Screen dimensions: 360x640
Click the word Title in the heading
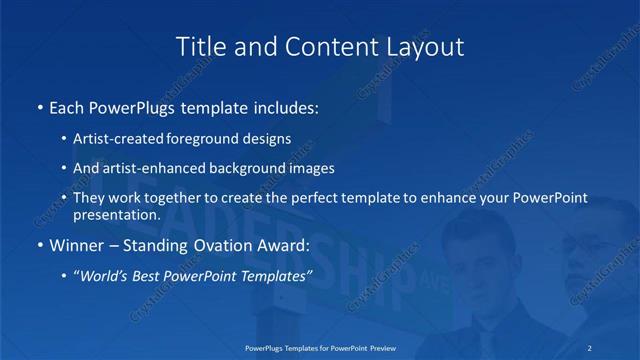[199, 46]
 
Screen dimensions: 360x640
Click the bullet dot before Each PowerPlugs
[39, 105]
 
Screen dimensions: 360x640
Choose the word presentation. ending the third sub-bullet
[116, 214]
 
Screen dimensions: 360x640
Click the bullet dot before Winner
[39, 244]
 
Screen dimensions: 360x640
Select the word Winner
[74, 244]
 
